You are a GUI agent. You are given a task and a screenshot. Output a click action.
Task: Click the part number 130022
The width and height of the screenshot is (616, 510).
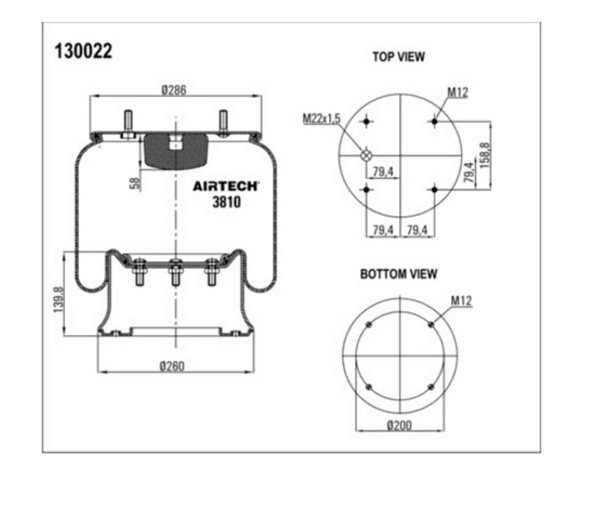pos(84,51)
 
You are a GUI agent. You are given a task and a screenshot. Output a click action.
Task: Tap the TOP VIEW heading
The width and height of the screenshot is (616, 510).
pos(398,56)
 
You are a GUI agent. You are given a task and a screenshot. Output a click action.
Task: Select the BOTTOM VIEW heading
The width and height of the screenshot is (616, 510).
pos(398,274)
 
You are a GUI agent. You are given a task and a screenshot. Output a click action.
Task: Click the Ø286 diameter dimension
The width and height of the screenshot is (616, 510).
pos(174,90)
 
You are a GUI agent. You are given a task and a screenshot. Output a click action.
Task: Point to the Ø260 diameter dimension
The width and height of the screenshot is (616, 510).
pos(172,366)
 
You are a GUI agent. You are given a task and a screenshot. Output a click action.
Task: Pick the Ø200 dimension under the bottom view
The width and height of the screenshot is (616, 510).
pos(399,425)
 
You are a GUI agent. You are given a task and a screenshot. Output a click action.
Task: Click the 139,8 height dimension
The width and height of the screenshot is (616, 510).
pos(59,300)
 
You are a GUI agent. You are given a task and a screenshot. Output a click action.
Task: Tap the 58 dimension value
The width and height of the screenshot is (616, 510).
pos(134,184)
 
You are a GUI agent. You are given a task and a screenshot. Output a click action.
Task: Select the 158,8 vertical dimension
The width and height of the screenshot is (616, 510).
pos(485,155)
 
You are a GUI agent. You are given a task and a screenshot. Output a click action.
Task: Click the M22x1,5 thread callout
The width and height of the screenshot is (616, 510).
pos(321,119)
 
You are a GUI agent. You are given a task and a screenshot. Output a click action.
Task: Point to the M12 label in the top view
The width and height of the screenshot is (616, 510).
pos(457,93)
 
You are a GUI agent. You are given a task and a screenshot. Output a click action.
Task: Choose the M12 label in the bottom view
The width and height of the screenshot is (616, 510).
pos(461,301)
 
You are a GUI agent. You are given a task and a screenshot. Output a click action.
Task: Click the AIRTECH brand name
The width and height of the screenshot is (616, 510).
pos(226,186)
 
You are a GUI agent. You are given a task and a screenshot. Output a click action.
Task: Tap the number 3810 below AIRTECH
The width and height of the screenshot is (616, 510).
pos(226,202)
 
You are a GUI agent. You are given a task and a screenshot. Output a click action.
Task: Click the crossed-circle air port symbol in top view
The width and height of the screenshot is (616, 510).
pos(366,155)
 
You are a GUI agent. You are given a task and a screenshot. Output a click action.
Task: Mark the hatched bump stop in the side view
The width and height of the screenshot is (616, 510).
pos(176,151)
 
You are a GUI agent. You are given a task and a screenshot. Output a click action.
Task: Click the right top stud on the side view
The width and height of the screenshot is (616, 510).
pos(223,123)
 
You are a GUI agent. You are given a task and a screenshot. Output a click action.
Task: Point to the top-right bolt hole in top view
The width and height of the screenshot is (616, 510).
pos(434,121)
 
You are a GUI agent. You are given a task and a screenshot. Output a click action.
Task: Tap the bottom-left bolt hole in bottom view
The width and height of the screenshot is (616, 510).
pos(369,387)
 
